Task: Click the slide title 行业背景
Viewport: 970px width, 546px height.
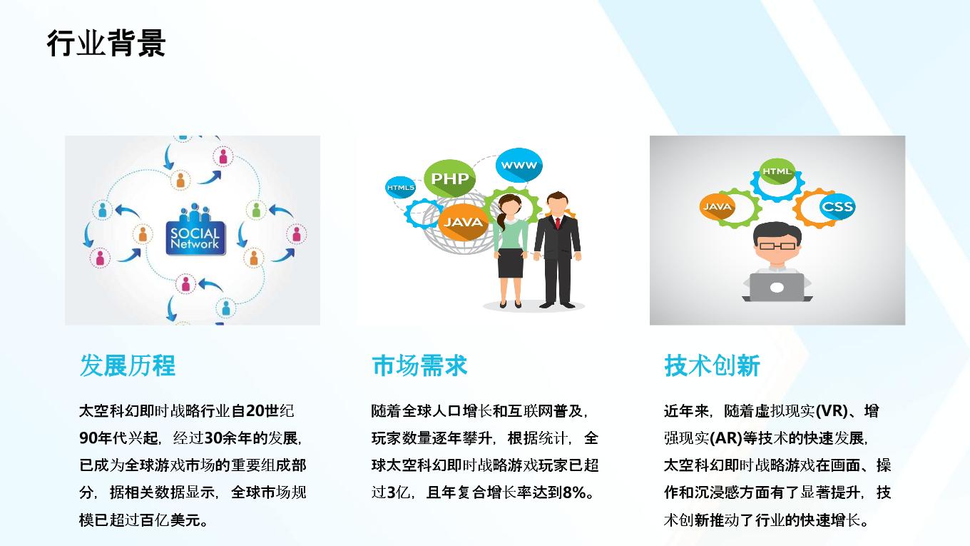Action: tap(106, 44)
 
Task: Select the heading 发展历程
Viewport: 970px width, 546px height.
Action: tap(127, 365)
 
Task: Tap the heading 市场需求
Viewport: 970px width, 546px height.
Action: tap(419, 365)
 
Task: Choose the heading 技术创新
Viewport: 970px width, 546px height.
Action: tap(712, 365)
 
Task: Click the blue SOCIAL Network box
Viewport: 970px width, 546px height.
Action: tap(195, 238)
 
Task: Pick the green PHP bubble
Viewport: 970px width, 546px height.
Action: tap(450, 178)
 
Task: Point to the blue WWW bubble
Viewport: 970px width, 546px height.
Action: tap(519, 165)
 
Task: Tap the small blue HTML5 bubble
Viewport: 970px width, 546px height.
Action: tap(401, 188)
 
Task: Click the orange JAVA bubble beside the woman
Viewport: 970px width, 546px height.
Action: tap(463, 222)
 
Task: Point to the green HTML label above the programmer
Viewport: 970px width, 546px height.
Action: tap(777, 171)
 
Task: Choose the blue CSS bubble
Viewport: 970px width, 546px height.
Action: tap(837, 206)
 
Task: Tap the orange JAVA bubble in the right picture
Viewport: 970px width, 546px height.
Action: tap(717, 207)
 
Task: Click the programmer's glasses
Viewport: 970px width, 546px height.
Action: tap(777, 246)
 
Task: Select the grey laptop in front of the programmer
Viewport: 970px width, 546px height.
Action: tap(777, 288)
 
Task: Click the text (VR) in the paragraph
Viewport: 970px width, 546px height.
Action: tap(831, 411)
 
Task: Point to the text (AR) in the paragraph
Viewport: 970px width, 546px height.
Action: tap(726, 438)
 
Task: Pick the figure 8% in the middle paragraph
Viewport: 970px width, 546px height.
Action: tap(574, 492)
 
